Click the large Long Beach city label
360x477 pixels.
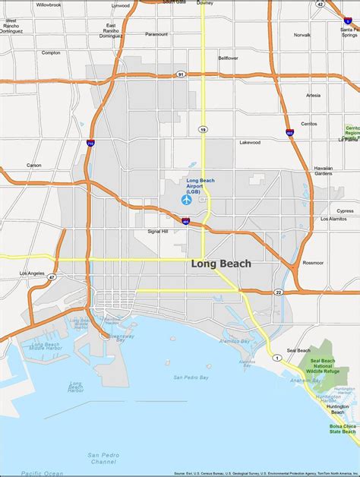click(221, 264)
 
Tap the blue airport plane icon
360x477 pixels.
click(186, 201)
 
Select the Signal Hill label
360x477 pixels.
click(158, 231)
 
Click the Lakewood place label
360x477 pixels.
click(250, 142)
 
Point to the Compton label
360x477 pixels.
click(51, 52)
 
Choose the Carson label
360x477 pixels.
click(34, 165)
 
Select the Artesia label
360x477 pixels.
click(313, 96)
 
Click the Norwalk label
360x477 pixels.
click(302, 35)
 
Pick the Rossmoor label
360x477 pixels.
click(313, 262)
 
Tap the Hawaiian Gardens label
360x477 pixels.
click(324, 170)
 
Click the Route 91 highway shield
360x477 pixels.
click(181, 74)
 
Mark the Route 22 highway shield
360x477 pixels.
click(278, 292)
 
